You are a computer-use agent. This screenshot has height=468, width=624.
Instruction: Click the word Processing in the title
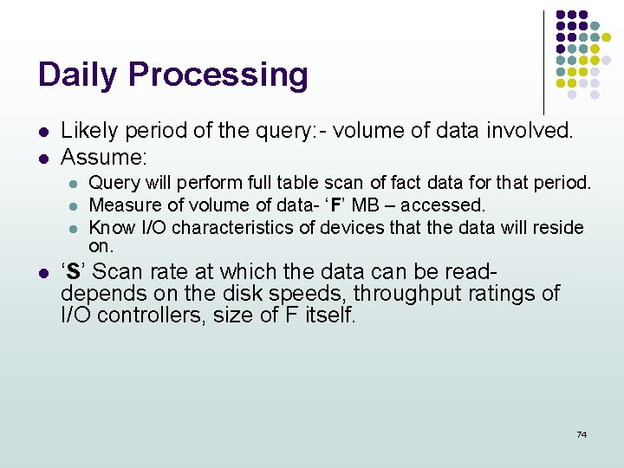pyautogui.click(x=218, y=75)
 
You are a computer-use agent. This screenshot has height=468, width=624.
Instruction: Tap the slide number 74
pyautogui.click(x=582, y=434)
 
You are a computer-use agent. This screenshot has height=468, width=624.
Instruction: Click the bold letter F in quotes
pyautogui.click(x=335, y=205)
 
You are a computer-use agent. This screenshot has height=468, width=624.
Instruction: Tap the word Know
pyautogui.click(x=107, y=228)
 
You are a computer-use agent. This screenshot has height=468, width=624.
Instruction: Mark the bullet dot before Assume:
pyautogui.click(x=42, y=158)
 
